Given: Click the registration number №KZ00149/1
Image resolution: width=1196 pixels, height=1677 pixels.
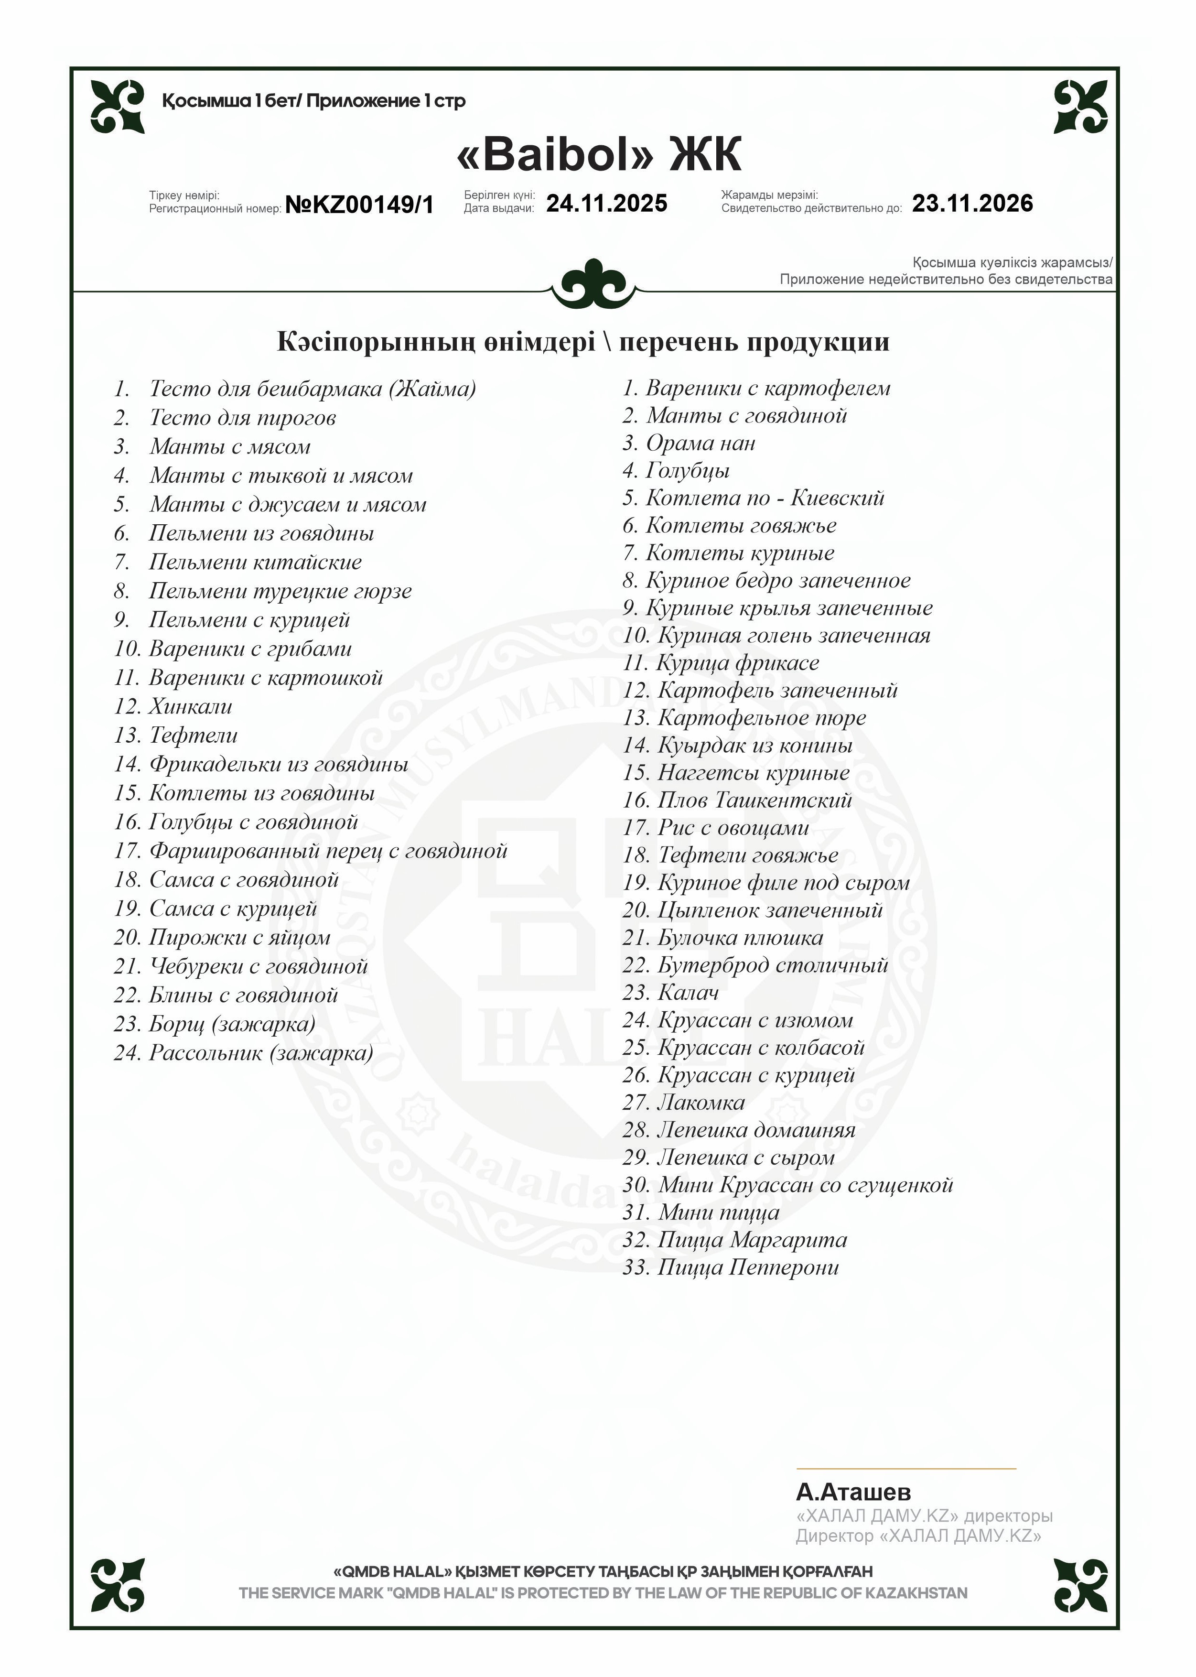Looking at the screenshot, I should [x=359, y=205].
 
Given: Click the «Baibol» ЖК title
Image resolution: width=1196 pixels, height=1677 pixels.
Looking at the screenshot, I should [x=598, y=155].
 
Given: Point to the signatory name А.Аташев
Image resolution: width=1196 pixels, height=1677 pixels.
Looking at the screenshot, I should [x=853, y=1492].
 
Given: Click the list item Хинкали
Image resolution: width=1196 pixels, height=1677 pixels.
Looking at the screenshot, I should [x=190, y=706].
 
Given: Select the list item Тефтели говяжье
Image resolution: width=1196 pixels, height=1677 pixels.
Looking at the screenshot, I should [x=747, y=855].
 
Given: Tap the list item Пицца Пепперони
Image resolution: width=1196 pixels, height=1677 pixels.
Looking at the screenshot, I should [x=747, y=1267].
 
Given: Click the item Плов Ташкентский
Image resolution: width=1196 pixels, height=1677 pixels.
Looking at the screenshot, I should [x=754, y=801].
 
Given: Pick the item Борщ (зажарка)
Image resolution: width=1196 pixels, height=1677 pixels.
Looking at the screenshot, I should [x=231, y=1024].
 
